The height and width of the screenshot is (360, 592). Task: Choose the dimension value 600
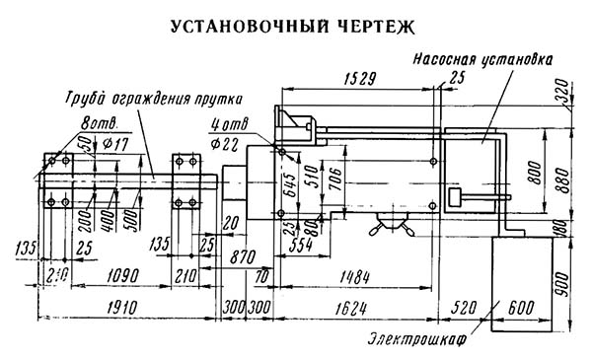click(x=522, y=308)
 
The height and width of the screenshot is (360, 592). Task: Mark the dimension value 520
click(x=465, y=308)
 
